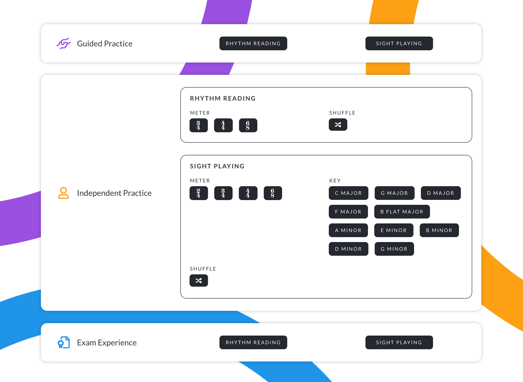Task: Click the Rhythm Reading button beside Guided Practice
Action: (253, 43)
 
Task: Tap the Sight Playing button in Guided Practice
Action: (399, 43)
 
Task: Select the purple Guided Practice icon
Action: (64, 43)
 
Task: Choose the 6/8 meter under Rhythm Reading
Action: (248, 125)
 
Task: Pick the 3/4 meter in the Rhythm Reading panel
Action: (199, 125)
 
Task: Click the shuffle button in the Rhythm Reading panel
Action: (338, 125)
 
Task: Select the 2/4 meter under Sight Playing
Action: (199, 193)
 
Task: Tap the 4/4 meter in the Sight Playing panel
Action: (248, 193)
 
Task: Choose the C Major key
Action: (348, 193)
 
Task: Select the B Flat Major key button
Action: (402, 212)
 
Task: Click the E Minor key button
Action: (394, 230)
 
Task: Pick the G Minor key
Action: (394, 249)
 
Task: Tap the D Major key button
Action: (441, 193)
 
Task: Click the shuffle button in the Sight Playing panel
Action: (199, 280)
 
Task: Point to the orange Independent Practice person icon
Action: (63, 193)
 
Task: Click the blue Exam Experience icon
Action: (64, 342)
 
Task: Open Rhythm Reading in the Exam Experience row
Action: (253, 342)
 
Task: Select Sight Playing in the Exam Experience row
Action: (399, 342)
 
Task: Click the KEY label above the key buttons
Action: (335, 181)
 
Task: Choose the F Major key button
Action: (348, 212)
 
